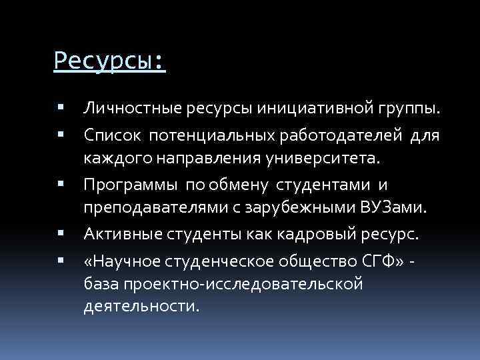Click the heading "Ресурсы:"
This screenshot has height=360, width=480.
109,62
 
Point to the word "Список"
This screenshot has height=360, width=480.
111,135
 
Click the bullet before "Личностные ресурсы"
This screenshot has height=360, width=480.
61,107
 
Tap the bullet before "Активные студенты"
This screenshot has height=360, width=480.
61,233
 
